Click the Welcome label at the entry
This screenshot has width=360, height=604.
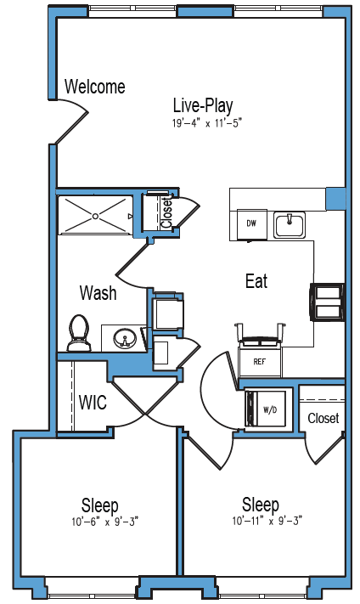coord(95,87)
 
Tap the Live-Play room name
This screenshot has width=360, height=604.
coord(203,105)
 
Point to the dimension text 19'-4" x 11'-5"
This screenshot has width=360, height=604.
coord(206,123)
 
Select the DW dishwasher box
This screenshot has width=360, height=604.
coord(252,223)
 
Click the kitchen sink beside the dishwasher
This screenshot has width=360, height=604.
coord(290,224)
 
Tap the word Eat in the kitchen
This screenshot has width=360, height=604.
coord(256,281)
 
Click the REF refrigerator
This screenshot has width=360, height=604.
coord(260,362)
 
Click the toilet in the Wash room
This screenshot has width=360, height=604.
coord(79,334)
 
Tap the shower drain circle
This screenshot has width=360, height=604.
coord(95,216)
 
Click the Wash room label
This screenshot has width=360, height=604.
coord(98,293)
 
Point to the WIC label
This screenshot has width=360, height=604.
coord(93,403)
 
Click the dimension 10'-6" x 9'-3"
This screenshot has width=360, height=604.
coord(104,522)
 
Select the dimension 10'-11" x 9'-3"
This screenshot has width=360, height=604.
coord(267,522)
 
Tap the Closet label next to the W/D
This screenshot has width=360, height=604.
coord(323,418)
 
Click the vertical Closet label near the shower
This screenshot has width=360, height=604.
coord(166,212)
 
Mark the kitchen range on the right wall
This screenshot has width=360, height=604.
coord(327,302)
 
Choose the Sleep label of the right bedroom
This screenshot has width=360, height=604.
coord(261,505)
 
